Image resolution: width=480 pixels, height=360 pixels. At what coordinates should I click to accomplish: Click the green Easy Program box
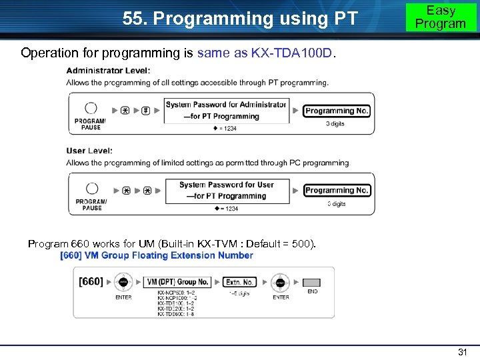(x=441, y=17)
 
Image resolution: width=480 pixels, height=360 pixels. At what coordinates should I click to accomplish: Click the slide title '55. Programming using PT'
(x=240, y=19)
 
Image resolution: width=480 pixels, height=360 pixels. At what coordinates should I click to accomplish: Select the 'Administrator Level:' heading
(x=108, y=71)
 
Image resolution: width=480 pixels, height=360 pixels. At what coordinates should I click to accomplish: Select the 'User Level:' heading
(x=89, y=151)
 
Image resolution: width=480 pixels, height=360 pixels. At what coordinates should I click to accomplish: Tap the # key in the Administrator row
(x=145, y=110)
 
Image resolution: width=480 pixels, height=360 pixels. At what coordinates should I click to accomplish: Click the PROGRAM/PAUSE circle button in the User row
(x=92, y=189)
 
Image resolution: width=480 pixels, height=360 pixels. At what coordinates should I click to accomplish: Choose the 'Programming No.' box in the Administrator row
(x=337, y=111)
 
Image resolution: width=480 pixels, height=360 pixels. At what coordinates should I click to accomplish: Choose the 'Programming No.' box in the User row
(x=337, y=191)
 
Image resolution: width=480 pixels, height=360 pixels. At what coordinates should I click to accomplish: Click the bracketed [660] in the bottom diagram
(x=91, y=282)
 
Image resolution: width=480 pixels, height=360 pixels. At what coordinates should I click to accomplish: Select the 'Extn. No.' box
(x=239, y=282)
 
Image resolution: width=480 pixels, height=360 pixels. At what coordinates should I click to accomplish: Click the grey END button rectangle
(x=312, y=283)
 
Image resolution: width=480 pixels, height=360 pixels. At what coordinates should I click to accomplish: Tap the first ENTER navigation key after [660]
(x=123, y=282)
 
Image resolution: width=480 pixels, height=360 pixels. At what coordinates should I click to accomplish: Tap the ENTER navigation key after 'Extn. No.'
(x=280, y=282)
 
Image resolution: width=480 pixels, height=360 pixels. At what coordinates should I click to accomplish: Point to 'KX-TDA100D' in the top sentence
(x=291, y=53)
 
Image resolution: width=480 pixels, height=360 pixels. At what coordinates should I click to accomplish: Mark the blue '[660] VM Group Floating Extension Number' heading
(x=157, y=255)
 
